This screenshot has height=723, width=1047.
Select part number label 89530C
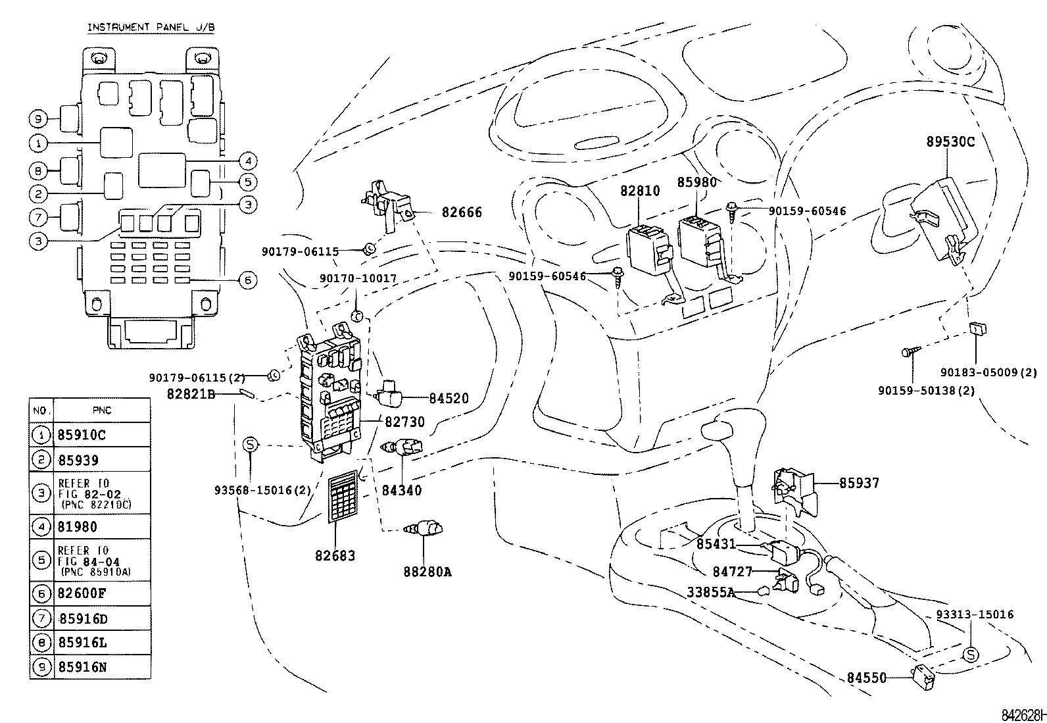(950, 141)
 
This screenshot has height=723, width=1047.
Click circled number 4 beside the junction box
(247, 161)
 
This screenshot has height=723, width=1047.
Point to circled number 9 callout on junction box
(39, 119)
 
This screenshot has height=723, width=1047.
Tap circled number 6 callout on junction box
(247, 280)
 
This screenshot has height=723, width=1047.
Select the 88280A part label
(427, 572)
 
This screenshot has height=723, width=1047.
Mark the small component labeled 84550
(923, 678)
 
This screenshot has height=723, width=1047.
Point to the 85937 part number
(859, 483)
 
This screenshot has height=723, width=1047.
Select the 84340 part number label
(402, 490)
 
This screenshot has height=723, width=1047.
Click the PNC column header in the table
(102, 411)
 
